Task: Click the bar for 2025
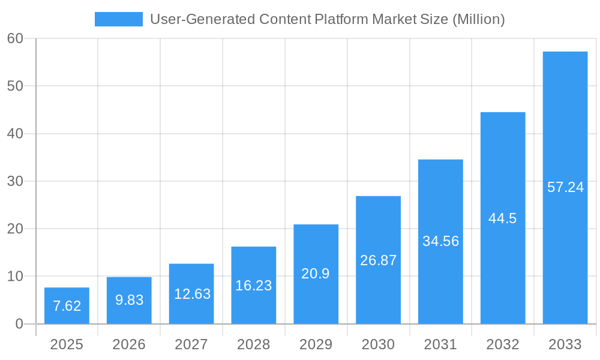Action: pos(67,306)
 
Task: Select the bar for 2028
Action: pos(254,285)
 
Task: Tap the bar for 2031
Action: pos(440,241)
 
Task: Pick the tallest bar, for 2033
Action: pos(565,187)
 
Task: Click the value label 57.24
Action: pos(565,187)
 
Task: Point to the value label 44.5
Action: pos(503,218)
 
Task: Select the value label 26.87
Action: pos(378,260)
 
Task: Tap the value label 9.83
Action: pos(129,300)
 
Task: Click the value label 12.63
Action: pos(192,294)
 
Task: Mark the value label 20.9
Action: pos(316,274)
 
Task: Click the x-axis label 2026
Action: pos(129,344)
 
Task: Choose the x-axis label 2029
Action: pos(316,344)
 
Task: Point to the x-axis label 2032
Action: pos(503,344)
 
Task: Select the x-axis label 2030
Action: pos(378,344)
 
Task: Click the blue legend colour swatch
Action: pos(118,19)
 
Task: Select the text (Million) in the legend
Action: pos(478,19)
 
